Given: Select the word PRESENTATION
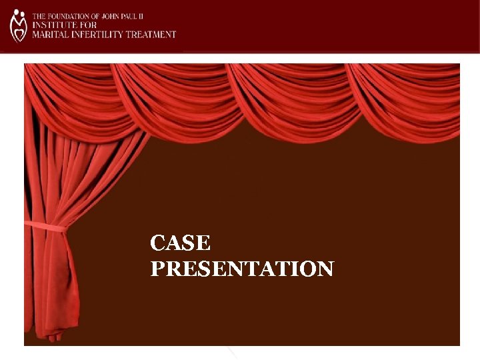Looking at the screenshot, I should pyautogui.click(x=242, y=269).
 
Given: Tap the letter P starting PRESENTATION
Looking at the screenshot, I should pyautogui.click(x=157, y=269).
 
